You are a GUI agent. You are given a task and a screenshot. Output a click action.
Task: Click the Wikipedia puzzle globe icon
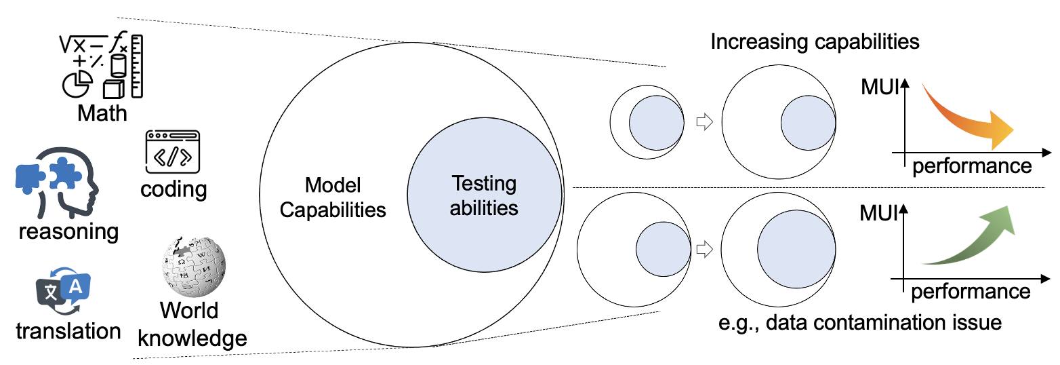click(192, 267)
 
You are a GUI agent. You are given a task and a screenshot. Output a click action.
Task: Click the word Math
click(102, 113)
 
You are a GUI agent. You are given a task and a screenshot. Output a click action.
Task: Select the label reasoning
click(68, 231)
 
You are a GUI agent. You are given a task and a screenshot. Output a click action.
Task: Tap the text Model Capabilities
click(333, 197)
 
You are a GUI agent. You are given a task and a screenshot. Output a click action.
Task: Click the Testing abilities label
click(485, 195)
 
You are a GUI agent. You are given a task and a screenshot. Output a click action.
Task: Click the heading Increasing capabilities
click(815, 42)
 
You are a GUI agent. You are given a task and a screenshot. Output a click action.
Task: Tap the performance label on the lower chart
click(971, 292)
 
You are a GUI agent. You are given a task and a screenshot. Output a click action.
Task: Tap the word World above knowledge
click(189, 311)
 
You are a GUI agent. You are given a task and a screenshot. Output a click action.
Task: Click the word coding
click(174, 189)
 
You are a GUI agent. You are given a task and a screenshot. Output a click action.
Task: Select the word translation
click(68, 332)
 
